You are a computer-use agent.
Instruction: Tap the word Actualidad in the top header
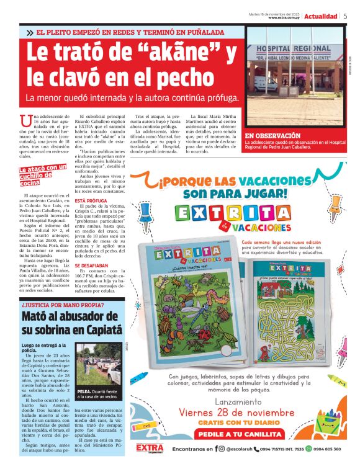point(321,16)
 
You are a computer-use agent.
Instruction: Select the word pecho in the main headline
point(189,78)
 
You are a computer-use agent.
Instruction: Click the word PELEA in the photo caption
point(84,392)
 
